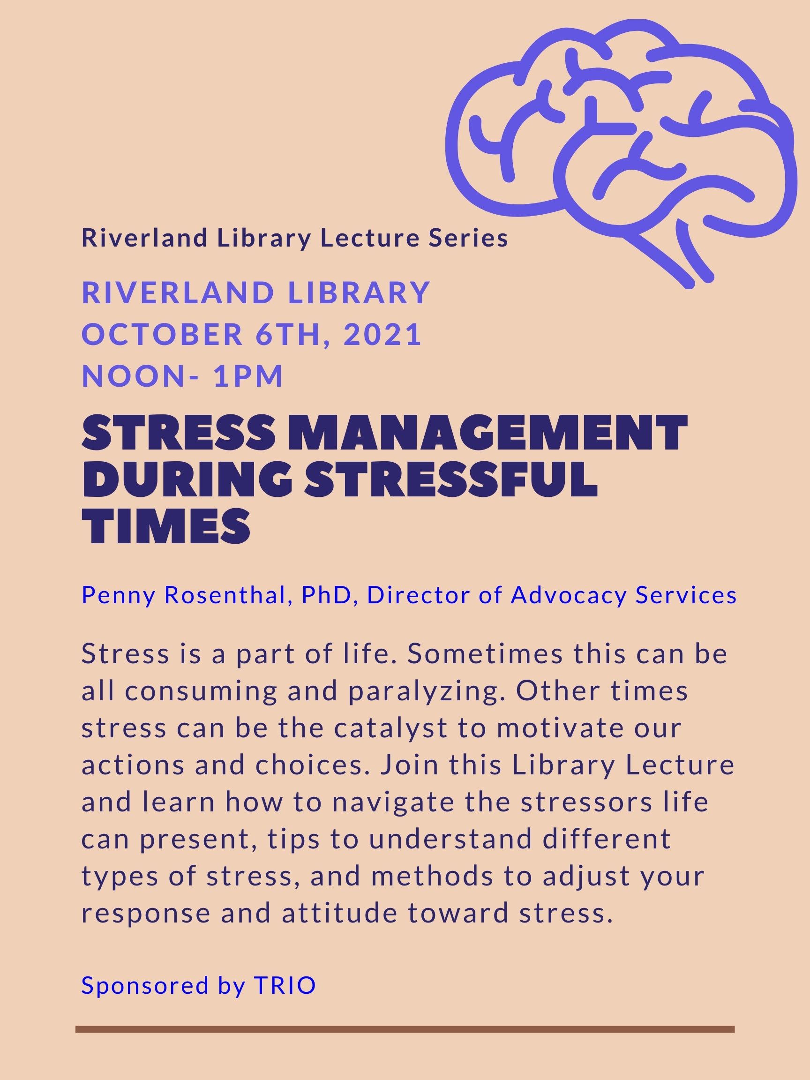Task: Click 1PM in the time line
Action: click(x=248, y=376)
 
